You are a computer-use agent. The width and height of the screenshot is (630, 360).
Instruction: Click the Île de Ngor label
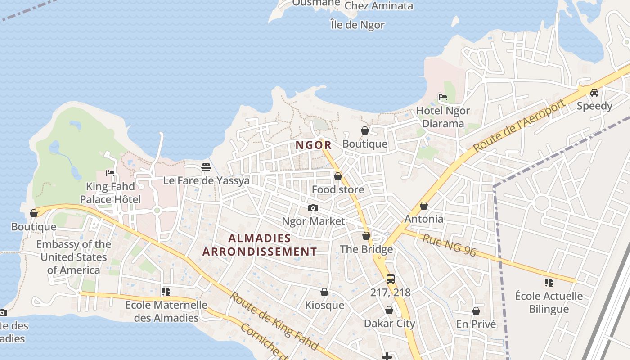[x=357, y=25]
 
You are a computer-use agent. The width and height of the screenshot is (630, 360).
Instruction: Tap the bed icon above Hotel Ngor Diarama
[x=443, y=97]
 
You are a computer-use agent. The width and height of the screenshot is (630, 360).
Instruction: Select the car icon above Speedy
[x=594, y=93]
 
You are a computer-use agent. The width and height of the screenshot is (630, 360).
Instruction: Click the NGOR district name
[x=314, y=145]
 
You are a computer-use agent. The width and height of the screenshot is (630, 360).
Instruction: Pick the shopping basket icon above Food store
[x=338, y=176]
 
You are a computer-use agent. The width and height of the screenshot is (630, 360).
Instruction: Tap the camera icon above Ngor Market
[x=313, y=208]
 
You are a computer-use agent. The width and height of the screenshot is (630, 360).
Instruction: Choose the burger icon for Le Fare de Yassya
[x=206, y=167]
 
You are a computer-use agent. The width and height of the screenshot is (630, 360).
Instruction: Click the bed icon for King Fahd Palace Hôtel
[x=110, y=173]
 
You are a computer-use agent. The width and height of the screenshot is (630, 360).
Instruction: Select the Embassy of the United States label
[x=73, y=257]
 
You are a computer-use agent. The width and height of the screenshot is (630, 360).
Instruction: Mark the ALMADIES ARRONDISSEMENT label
[x=260, y=245]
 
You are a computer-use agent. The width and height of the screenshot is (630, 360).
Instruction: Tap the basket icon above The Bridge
[x=366, y=236]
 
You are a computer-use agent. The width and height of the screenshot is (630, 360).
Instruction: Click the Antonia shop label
[x=424, y=219]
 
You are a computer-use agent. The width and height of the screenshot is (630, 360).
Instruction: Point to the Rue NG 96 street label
[x=449, y=245]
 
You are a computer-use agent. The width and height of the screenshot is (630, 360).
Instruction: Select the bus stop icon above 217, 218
[x=390, y=279]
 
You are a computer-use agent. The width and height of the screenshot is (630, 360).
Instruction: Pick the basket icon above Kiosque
[x=324, y=292]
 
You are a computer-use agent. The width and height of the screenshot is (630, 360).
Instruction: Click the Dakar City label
[x=389, y=324]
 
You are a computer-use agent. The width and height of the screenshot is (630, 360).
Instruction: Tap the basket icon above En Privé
[x=476, y=311]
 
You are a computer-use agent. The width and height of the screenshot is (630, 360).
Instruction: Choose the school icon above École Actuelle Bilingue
[x=549, y=283]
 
